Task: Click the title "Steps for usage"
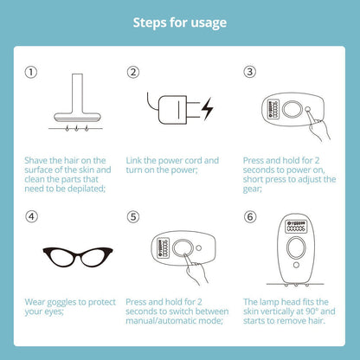[x=180, y=22]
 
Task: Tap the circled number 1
[x=31, y=72]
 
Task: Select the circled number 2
[x=133, y=72]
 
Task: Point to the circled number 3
[x=250, y=72]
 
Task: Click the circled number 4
[x=31, y=216]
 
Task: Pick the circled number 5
[x=133, y=216]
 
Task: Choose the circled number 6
[x=250, y=216]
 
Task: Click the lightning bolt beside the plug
[x=208, y=109]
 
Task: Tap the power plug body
[x=172, y=110]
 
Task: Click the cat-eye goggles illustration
[x=78, y=256]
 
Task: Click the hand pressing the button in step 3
[x=318, y=127]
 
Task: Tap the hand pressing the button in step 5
[x=196, y=269]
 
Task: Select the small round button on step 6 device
[x=296, y=265]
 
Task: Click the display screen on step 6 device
[x=296, y=227]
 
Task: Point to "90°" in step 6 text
[x=312, y=312]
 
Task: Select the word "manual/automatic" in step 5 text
[x=164, y=321]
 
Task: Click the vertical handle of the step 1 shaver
[x=77, y=93]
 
